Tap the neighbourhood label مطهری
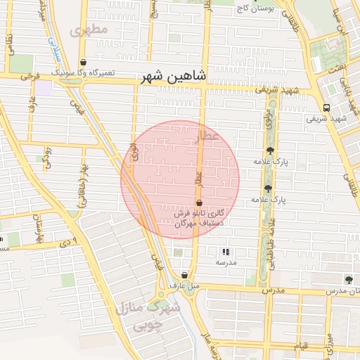coord(89,30)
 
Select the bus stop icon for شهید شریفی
coord(326,108)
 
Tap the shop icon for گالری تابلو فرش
coord(199,202)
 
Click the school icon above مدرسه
coord(226,251)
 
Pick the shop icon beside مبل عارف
coord(184,276)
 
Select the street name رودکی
coord(47,156)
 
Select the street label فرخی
coord(29,74)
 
